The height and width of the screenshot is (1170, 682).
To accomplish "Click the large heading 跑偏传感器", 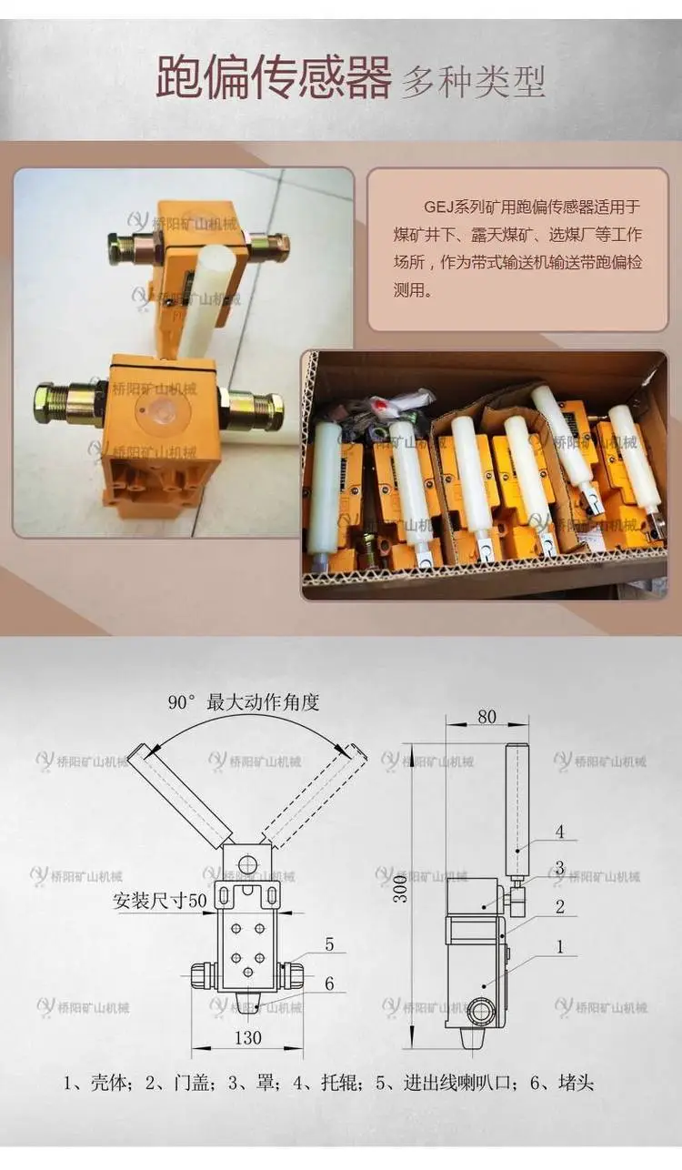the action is click(274, 78).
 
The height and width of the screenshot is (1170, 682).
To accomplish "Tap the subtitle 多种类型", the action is click(473, 82).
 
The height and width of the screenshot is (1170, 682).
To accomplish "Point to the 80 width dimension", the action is click(486, 717).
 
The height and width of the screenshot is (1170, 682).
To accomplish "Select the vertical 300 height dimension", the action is click(400, 889).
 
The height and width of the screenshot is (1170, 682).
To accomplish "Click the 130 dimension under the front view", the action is click(247, 1037).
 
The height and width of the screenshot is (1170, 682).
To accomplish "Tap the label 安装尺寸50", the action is click(160, 900).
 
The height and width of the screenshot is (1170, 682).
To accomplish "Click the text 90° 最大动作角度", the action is click(244, 702).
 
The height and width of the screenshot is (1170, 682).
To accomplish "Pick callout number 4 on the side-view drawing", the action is click(560, 831).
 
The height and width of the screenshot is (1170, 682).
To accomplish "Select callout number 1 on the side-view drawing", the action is click(560, 946).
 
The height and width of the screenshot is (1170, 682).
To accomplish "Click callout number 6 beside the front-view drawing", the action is click(329, 983).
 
